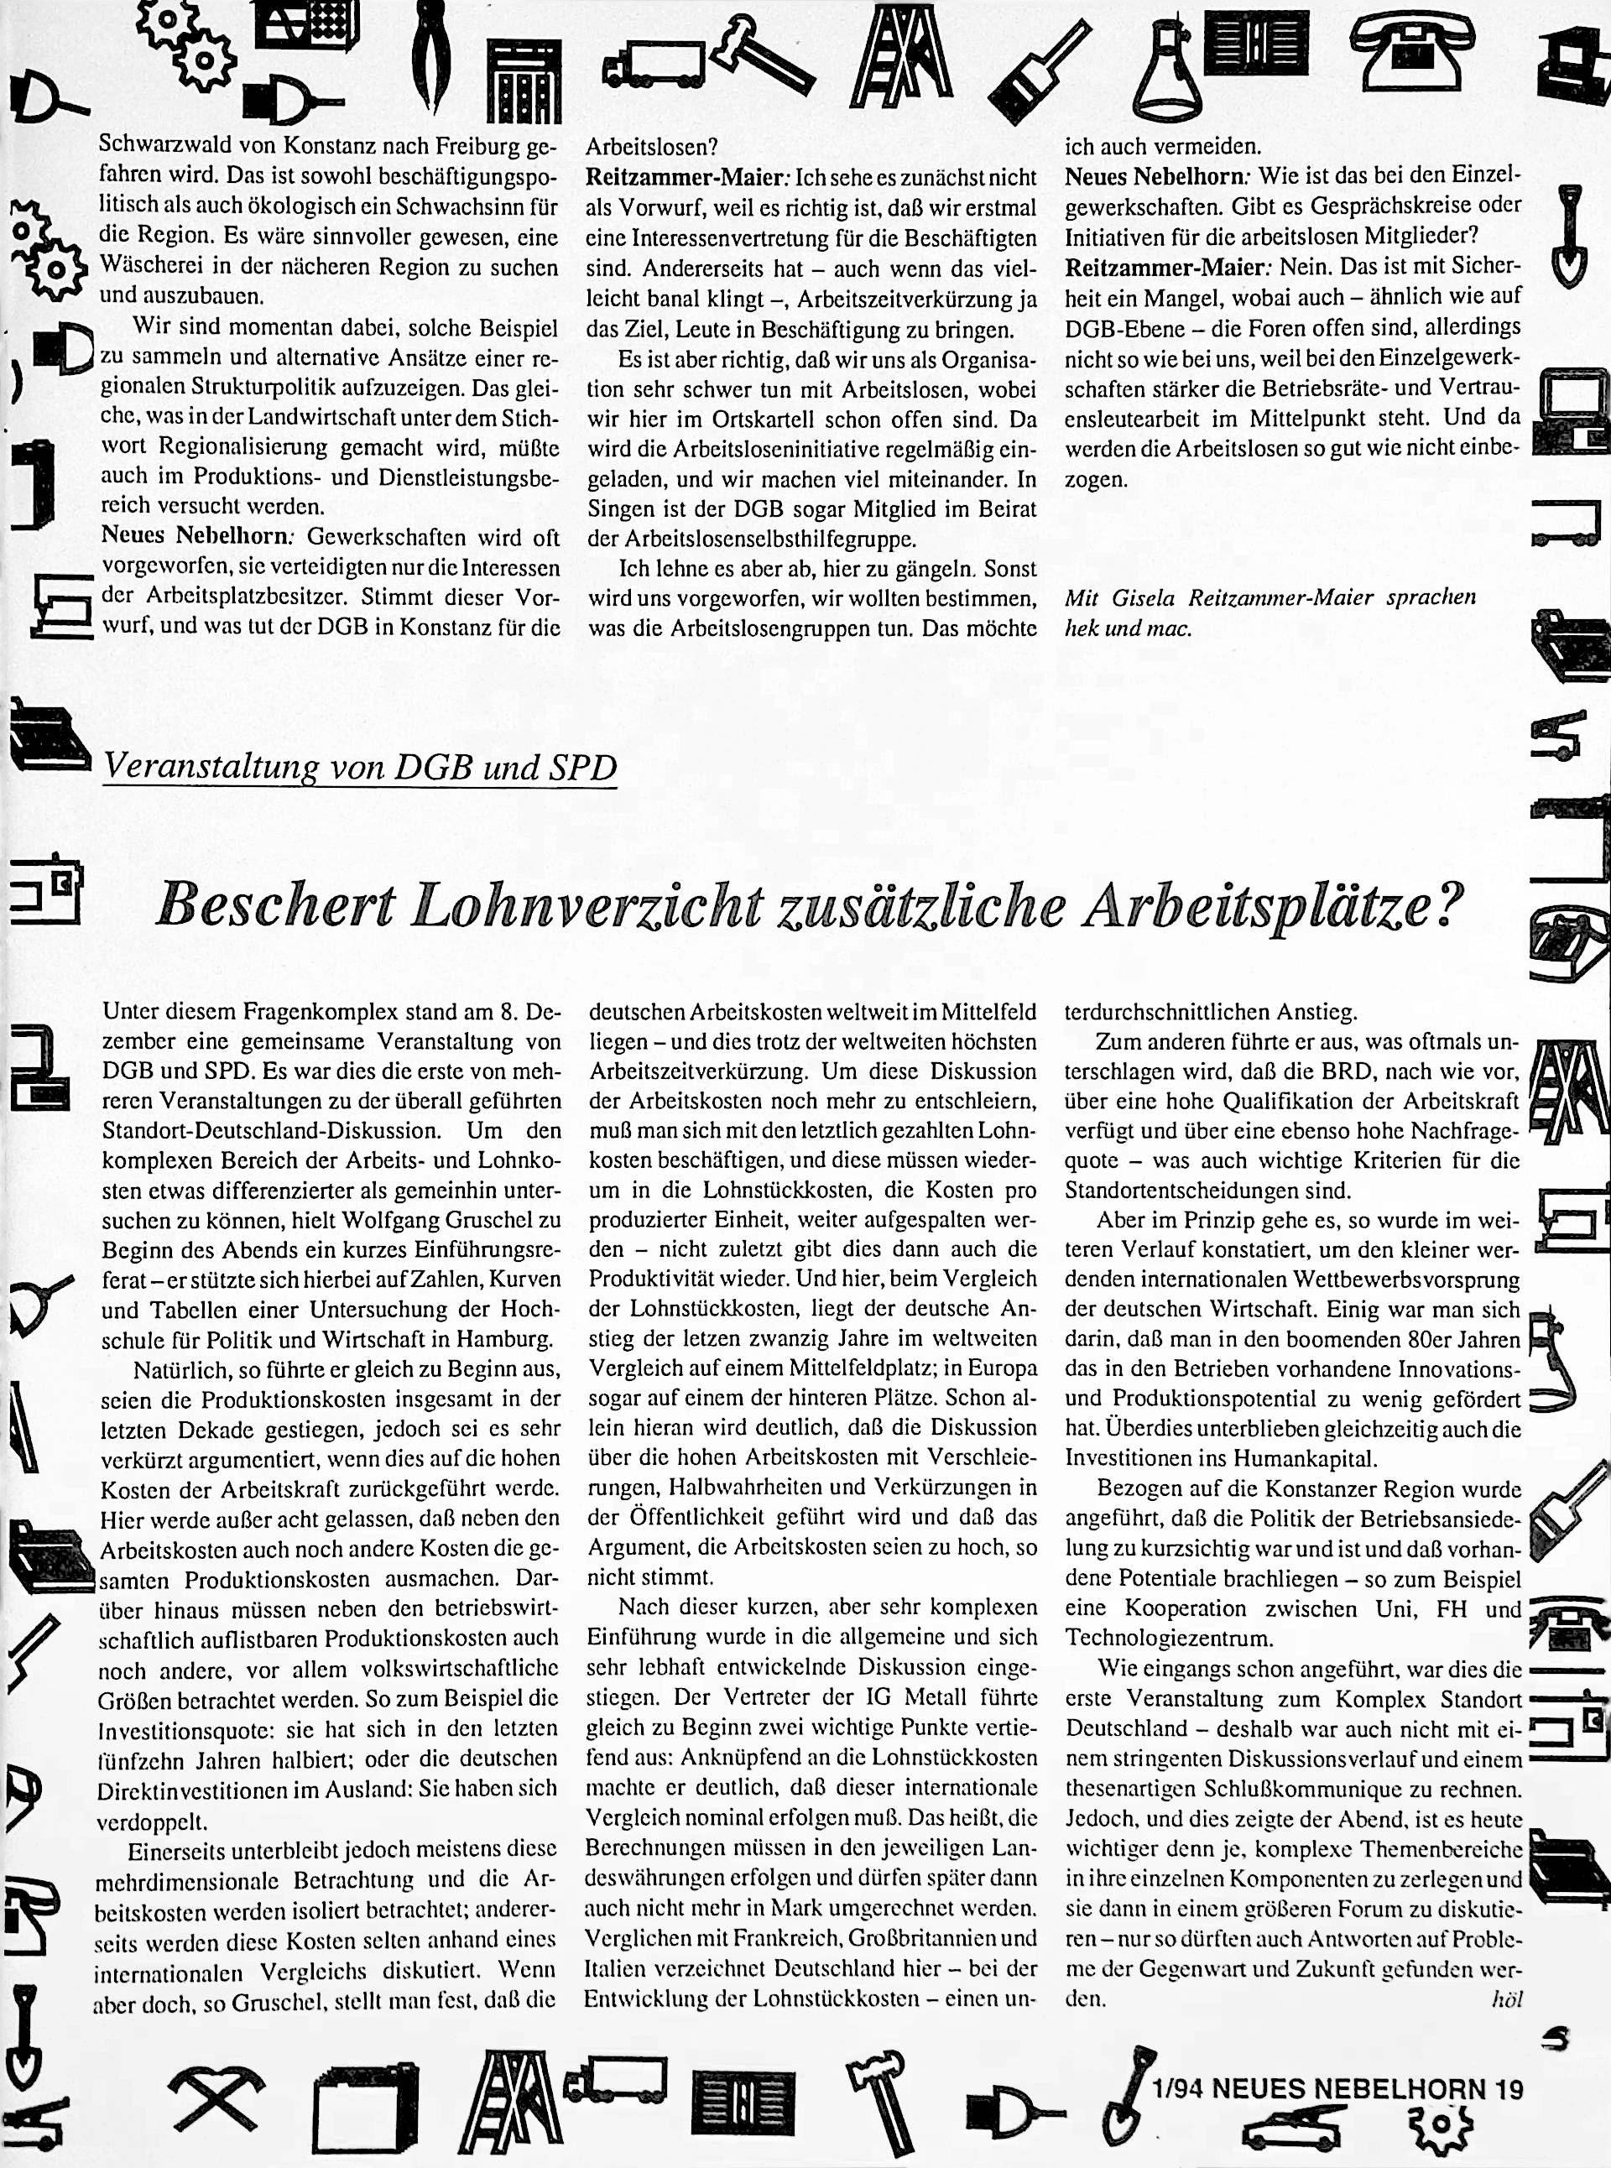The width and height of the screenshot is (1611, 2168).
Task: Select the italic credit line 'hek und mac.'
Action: (x=1129, y=629)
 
